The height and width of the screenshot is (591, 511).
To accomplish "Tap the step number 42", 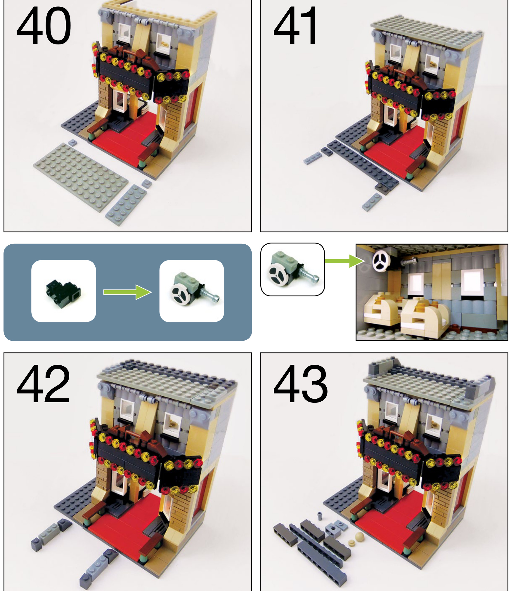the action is tap(43, 383).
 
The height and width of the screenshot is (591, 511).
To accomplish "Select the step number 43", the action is tap(300, 383).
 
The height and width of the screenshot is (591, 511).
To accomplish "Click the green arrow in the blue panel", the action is tap(127, 292).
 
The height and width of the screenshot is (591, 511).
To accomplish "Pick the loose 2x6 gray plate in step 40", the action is tap(126, 205).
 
